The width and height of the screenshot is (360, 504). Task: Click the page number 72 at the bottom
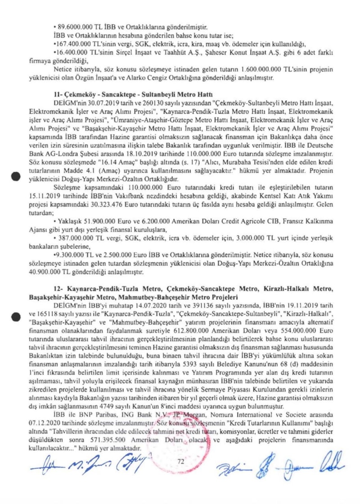coord(181,461)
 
